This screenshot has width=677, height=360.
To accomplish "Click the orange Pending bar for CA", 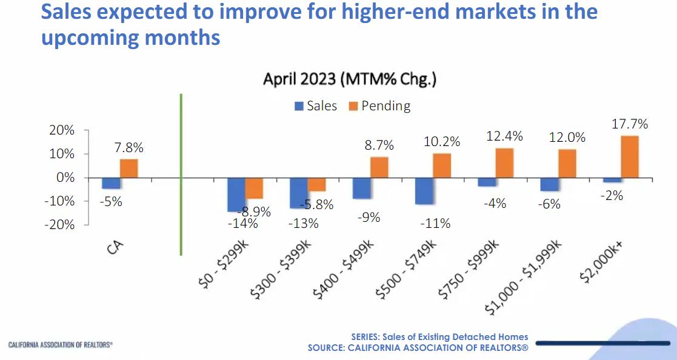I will (x=128, y=168).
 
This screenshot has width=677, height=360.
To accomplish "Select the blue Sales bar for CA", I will (x=111, y=183).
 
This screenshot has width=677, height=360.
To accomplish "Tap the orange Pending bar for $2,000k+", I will (x=629, y=157).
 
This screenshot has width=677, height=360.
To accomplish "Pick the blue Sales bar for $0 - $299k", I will (x=236, y=195).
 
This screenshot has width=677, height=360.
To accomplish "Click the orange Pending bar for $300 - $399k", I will (x=316, y=184).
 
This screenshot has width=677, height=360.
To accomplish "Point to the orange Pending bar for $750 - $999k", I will (x=504, y=163).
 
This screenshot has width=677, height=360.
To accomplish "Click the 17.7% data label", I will (x=630, y=124).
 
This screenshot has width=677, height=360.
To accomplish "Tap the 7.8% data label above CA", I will (x=128, y=147).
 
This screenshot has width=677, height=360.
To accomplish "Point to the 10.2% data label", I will (x=442, y=142).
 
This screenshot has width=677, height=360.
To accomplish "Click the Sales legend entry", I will (x=315, y=106).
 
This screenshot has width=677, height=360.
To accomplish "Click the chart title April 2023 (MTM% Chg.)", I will (x=350, y=79).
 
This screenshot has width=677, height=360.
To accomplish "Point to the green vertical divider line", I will (x=181, y=176).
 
